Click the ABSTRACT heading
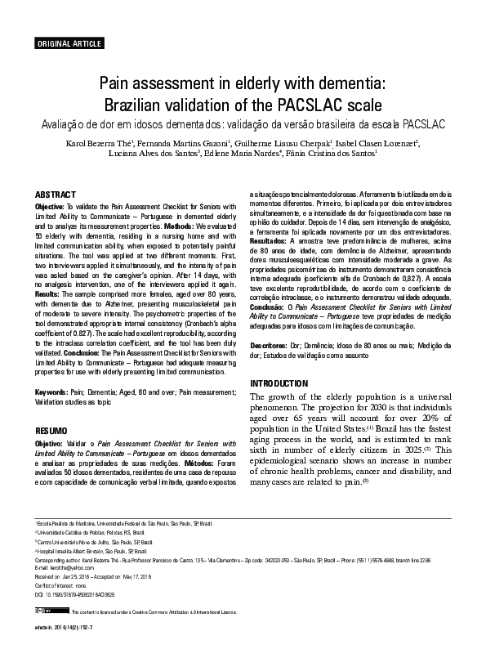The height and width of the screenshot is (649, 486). tap(55, 194)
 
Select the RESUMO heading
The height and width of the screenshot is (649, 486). tap(51, 429)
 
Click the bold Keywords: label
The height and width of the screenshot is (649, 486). tap(51, 393)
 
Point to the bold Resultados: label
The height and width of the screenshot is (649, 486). tap(268, 266)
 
